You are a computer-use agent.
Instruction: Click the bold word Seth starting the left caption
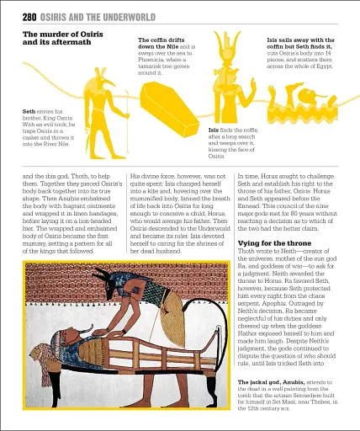click(29, 111)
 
